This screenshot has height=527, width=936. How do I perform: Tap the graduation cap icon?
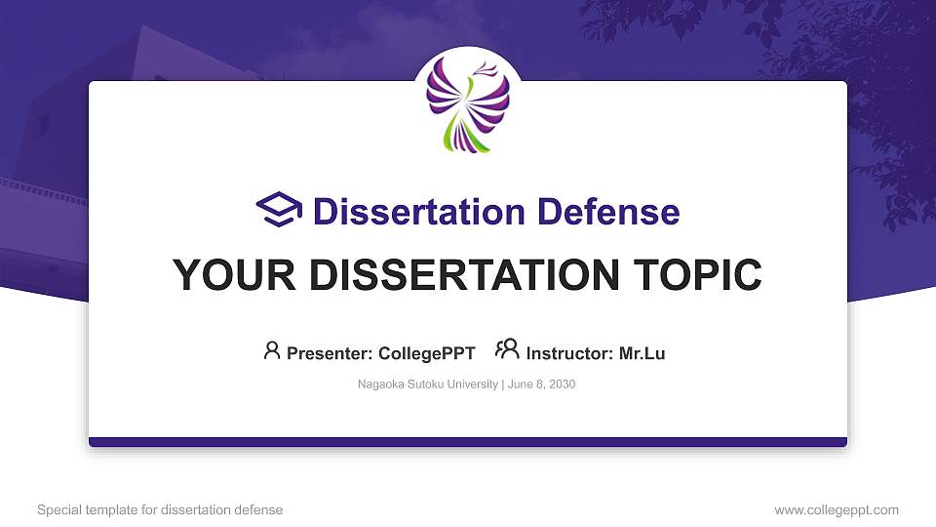[279, 210]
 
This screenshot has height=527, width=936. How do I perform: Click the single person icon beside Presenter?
[272, 349]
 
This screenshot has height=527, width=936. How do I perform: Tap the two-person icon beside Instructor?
[507, 349]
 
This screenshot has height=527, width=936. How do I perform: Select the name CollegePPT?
[427, 353]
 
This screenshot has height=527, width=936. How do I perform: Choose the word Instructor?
[569, 353]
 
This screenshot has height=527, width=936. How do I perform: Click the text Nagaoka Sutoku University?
[428, 385]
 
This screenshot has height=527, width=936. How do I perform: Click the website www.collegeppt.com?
[836, 509]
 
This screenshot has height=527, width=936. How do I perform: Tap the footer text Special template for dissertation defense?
[160, 509]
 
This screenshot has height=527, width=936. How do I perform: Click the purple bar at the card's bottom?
[468, 442]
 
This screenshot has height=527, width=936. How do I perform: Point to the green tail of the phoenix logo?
[451, 137]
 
